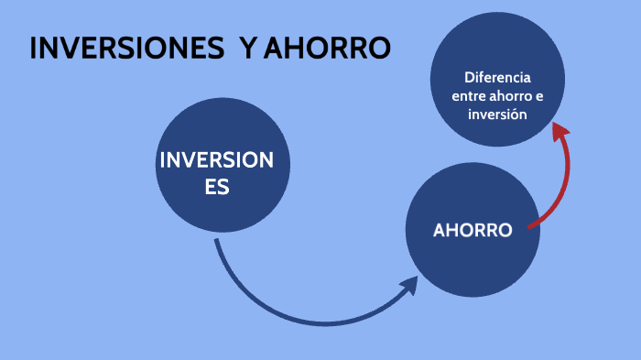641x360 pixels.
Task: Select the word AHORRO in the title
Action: (x=327, y=49)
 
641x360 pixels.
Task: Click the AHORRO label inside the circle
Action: (x=472, y=230)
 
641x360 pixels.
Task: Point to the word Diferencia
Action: (x=497, y=77)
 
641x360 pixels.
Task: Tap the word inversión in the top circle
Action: (x=497, y=115)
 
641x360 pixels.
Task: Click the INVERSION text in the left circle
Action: (x=216, y=160)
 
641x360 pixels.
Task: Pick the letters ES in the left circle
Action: (x=216, y=187)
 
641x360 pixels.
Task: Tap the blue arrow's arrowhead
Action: (x=411, y=285)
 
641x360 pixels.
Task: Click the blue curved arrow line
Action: (x=293, y=315)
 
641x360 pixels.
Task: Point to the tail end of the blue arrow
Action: (x=217, y=242)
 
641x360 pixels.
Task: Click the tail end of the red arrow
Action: (x=531, y=225)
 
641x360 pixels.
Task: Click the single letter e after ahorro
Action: (x=538, y=96)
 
